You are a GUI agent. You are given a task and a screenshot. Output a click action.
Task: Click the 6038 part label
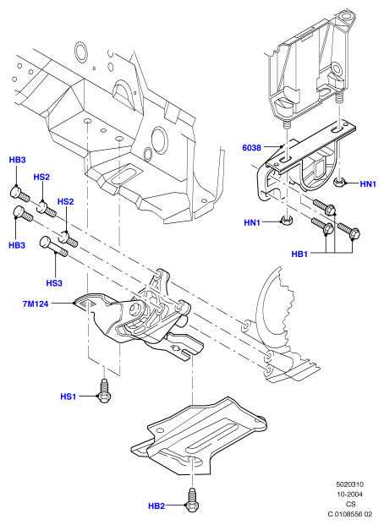pos(251,147)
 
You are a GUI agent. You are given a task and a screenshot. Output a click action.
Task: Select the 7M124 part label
pos(36,304)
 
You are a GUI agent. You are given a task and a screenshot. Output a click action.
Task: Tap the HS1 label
pos(68,396)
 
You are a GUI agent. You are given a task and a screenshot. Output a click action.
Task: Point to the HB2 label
pos(156,506)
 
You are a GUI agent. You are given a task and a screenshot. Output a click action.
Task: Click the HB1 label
pos(299,254)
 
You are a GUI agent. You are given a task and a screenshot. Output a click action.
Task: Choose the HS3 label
pos(54,283)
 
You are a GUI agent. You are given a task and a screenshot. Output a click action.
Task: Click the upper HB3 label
pos(17,160)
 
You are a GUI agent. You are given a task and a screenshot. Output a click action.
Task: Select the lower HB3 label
pos(17,245)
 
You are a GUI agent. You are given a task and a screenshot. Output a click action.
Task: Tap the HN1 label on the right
pos(368,183)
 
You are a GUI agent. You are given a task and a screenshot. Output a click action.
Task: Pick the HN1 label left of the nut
pos(252,222)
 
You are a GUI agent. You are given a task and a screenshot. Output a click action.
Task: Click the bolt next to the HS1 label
pos(105,390)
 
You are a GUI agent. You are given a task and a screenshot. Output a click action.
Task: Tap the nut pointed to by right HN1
pos(339,183)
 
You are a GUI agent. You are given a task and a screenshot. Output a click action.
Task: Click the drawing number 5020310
pos(350,484)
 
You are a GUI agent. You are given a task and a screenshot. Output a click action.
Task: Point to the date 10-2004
pos(350,495)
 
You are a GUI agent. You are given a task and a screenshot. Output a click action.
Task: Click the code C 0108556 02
pos(350,514)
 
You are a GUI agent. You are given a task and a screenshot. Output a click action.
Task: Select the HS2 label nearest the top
pos(41,178)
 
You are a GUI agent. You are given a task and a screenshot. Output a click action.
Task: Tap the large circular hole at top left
pos(80,52)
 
